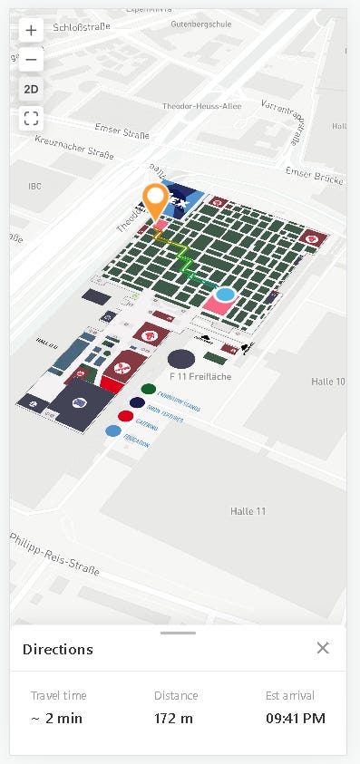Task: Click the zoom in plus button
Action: coord(32,30)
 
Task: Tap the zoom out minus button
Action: coord(32,60)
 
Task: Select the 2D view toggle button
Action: coord(32,89)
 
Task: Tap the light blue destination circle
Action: coord(225,295)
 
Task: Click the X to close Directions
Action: coord(323,648)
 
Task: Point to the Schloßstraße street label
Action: coord(82,27)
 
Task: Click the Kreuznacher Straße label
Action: coord(74,148)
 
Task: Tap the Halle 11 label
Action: coord(248,511)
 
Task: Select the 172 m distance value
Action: coord(173,720)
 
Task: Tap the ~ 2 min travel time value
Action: coord(56,720)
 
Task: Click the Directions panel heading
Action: coord(58,649)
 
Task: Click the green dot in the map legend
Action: coord(148,389)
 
